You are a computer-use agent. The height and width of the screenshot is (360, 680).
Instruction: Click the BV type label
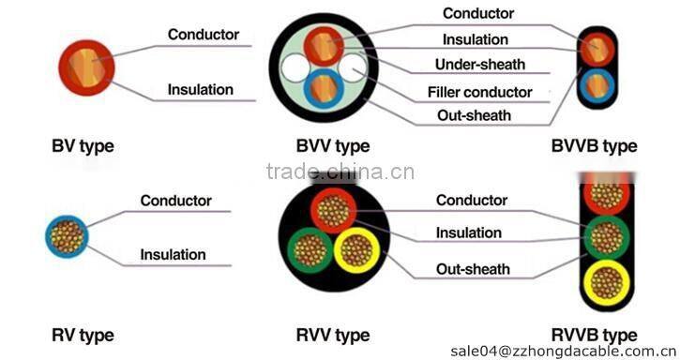[x=83, y=146]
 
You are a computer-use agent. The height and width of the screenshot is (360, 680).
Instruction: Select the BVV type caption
[x=332, y=146]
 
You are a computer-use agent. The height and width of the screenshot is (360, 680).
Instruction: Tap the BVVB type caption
[x=594, y=146]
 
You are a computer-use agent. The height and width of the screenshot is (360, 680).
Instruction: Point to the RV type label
[x=83, y=335]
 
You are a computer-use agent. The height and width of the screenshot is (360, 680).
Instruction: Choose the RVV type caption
[x=332, y=335]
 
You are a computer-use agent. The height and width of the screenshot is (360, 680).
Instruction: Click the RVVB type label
[x=594, y=335]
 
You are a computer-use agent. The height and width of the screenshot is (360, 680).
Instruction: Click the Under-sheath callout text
[x=480, y=65]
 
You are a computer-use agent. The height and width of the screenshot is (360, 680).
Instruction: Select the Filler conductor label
[x=479, y=92]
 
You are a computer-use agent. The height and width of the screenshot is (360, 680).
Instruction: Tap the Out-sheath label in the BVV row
[x=475, y=115]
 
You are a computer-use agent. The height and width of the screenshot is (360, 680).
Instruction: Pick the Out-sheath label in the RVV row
[x=474, y=269]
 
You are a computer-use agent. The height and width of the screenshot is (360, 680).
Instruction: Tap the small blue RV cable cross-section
[x=68, y=236]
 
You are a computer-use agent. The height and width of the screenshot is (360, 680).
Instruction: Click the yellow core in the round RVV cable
[x=355, y=252]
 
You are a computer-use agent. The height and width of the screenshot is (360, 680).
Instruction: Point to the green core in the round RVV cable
[x=309, y=252]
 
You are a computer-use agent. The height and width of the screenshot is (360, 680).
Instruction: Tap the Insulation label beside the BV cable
[x=200, y=90]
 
